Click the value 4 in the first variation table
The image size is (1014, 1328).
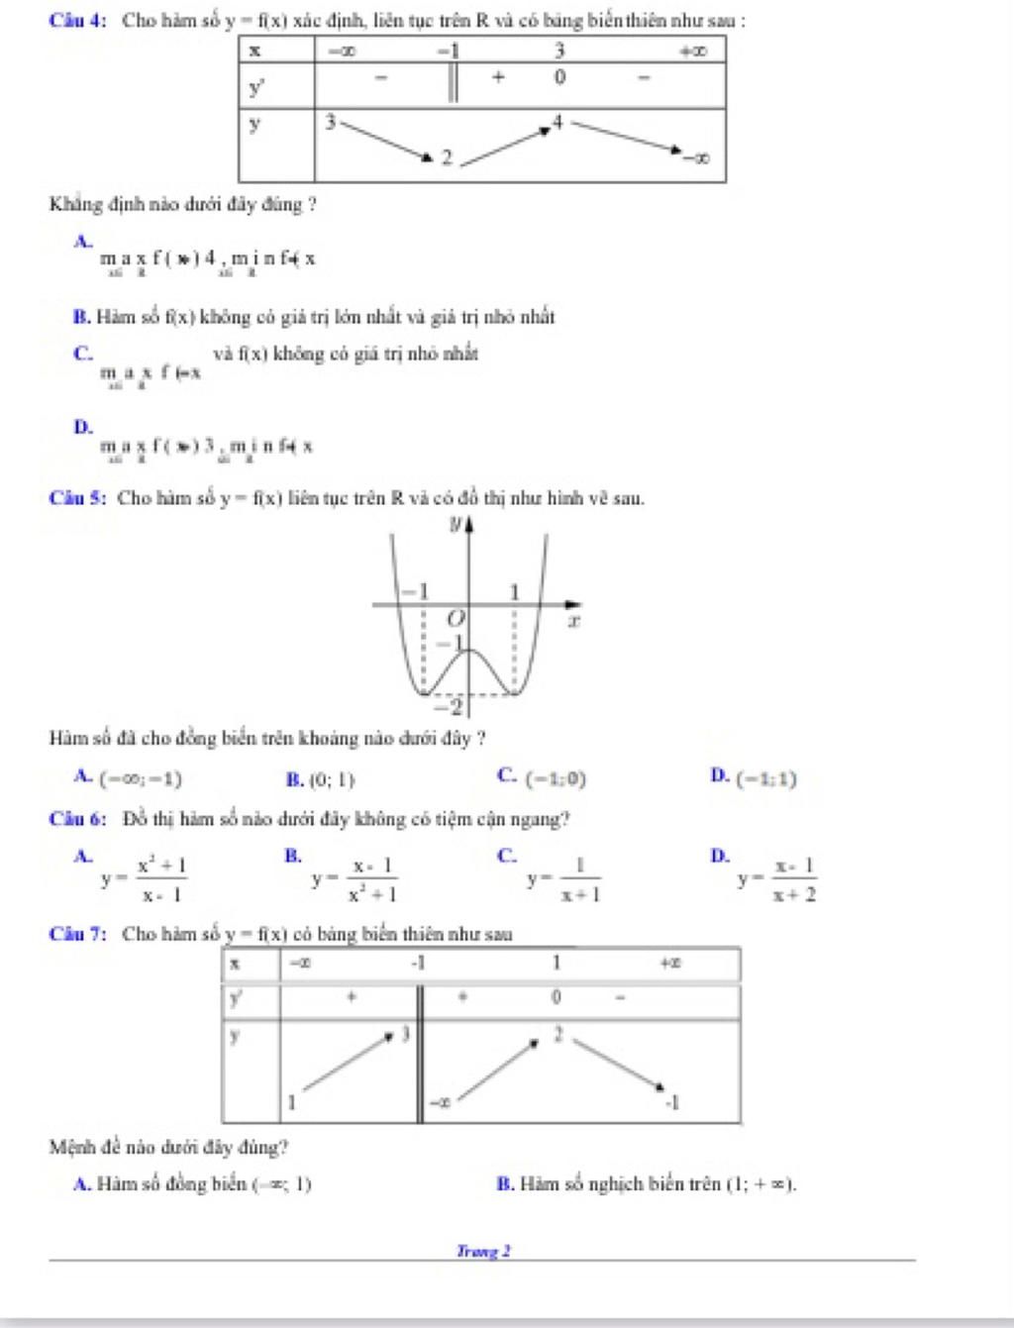click(x=558, y=122)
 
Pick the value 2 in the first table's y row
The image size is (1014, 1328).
click(x=447, y=157)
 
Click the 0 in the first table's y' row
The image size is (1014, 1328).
click(x=559, y=77)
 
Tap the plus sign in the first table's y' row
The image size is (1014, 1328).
click(x=498, y=76)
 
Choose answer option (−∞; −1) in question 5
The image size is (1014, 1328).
click(x=142, y=779)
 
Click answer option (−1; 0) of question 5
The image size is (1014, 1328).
click(x=556, y=780)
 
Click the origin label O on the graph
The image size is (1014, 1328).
click(x=455, y=619)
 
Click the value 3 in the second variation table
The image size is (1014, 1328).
click(x=404, y=1035)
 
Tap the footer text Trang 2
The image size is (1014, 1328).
click(x=483, y=1252)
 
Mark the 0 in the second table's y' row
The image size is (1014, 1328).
click(x=556, y=997)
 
